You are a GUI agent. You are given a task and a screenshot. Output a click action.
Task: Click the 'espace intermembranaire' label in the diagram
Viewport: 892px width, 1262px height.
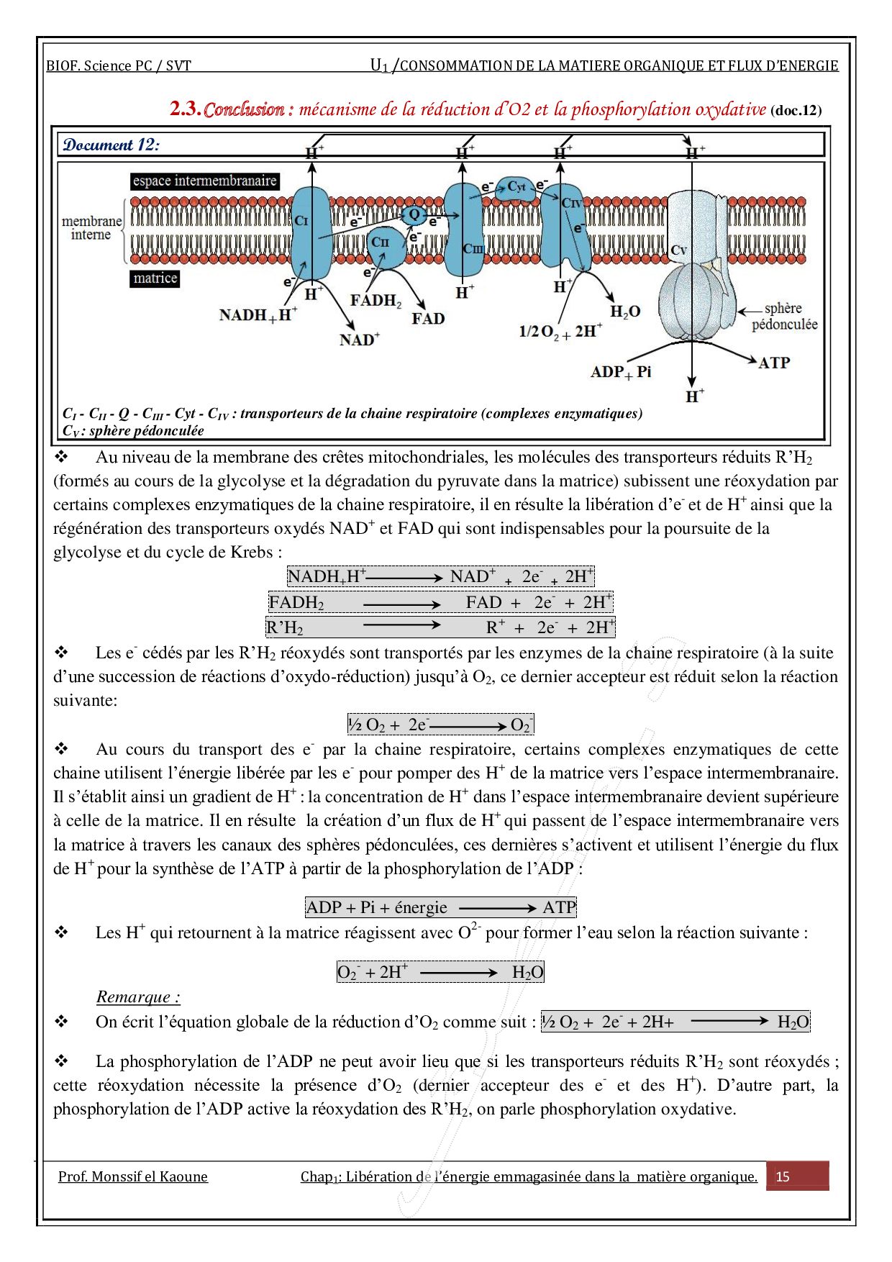click(x=205, y=181)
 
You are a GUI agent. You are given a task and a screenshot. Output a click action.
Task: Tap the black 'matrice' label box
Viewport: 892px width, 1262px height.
click(x=155, y=278)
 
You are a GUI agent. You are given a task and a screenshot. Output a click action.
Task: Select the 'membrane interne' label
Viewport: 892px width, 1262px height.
click(x=91, y=228)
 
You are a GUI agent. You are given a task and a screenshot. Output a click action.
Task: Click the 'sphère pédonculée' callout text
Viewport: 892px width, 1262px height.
click(x=784, y=317)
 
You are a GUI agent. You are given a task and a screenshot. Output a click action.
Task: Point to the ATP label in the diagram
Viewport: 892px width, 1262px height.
click(x=774, y=363)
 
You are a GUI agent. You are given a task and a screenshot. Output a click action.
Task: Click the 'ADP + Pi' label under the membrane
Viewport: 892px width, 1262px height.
click(x=620, y=372)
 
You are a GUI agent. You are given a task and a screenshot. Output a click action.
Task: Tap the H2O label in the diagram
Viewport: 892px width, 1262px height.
click(x=624, y=312)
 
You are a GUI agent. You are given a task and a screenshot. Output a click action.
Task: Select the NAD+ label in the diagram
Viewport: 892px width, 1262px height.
click(x=360, y=339)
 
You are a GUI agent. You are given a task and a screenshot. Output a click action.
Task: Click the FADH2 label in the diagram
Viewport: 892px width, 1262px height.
click(x=376, y=300)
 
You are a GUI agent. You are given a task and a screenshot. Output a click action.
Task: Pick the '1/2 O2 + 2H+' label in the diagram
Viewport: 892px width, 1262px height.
click(x=560, y=331)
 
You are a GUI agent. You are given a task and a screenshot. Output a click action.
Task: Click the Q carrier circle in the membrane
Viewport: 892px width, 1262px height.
click(x=414, y=214)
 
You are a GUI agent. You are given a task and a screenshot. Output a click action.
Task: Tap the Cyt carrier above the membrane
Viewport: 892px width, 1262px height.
click(x=516, y=187)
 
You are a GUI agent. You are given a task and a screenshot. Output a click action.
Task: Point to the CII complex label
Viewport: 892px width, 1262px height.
click(x=380, y=242)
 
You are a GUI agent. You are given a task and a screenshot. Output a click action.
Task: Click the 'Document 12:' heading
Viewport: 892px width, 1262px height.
click(x=111, y=145)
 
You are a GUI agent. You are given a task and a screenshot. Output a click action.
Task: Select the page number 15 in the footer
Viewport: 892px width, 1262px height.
click(x=783, y=1177)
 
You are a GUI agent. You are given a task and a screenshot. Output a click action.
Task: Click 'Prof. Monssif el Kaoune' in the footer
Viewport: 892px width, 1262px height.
click(x=133, y=1177)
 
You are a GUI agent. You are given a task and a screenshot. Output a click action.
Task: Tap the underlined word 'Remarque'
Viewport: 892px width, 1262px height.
click(x=138, y=997)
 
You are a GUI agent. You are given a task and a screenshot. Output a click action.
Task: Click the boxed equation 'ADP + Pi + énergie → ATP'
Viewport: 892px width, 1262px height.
click(x=441, y=907)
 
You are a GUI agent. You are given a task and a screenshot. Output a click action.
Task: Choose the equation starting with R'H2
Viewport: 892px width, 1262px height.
click(x=440, y=627)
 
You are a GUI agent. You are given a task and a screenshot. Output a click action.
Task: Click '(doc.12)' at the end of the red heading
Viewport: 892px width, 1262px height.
click(x=796, y=111)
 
